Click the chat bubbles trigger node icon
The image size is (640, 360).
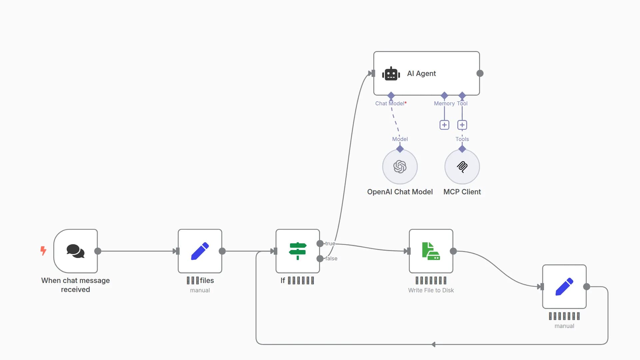(x=75, y=251)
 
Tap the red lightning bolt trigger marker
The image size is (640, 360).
(x=43, y=251)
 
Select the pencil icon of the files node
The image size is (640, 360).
(x=200, y=251)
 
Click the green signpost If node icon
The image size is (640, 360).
(x=298, y=251)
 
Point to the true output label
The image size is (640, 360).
(x=330, y=244)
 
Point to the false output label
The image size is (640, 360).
(x=331, y=258)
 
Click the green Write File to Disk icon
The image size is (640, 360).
(x=431, y=251)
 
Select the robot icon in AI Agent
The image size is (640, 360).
(x=391, y=74)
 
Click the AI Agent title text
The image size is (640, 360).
(x=421, y=74)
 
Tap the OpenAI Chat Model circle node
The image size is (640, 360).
(x=400, y=167)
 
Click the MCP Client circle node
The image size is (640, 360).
(x=462, y=167)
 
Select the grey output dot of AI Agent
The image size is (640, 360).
(x=480, y=73)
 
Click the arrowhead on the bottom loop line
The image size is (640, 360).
(x=433, y=344)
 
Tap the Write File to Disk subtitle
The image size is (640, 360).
(x=431, y=290)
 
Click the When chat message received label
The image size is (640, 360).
(x=75, y=285)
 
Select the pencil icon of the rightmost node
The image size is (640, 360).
(x=564, y=287)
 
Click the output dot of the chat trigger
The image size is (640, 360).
(x=98, y=251)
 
